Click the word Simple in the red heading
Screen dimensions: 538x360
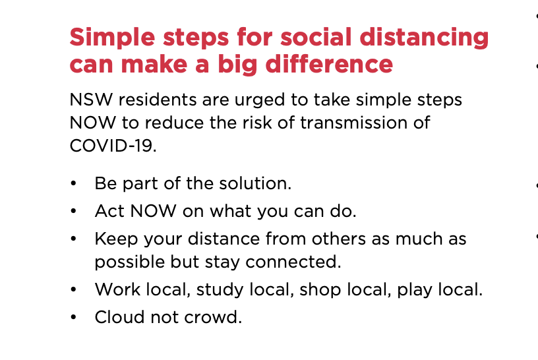pos(112,38)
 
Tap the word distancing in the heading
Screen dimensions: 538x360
pos(424,38)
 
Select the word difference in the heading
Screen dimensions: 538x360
pos(329,64)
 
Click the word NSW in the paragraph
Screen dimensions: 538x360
pos(91,100)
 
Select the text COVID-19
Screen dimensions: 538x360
pos(113,146)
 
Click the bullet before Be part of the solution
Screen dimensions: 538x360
pos(73,183)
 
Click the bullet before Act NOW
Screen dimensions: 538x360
pos(73,211)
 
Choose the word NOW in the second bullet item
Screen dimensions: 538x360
pos(154,211)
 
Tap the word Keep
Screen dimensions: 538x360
pos(116,240)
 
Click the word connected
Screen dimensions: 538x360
pos(293,262)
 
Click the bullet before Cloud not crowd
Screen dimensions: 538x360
pos(73,317)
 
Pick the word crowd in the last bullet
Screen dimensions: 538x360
pos(213,317)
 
